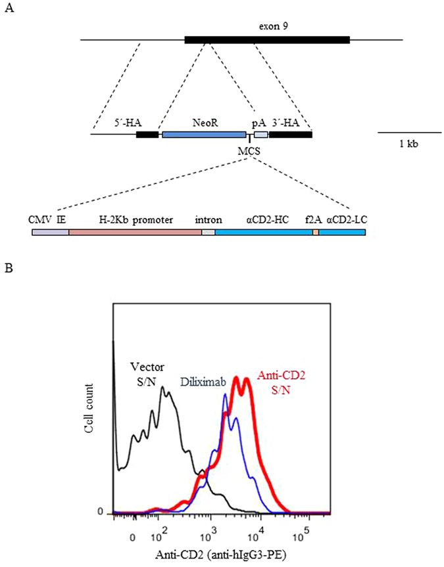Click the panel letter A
pyautogui.click(x=8, y=9)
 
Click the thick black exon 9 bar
pyautogui.click(x=267, y=40)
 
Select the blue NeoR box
pyautogui.click(x=204, y=134)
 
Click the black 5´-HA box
pyautogui.click(x=147, y=134)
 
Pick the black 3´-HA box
pyautogui.click(x=290, y=134)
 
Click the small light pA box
pyautogui.click(x=260, y=134)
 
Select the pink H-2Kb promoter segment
pyautogui.click(x=135, y=233)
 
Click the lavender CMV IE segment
pyautogui.click(x=50, y=233)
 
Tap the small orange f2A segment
pyautogui.click(x=316, y=233)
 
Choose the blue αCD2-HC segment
pyautogui.click(x=264, y=233)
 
